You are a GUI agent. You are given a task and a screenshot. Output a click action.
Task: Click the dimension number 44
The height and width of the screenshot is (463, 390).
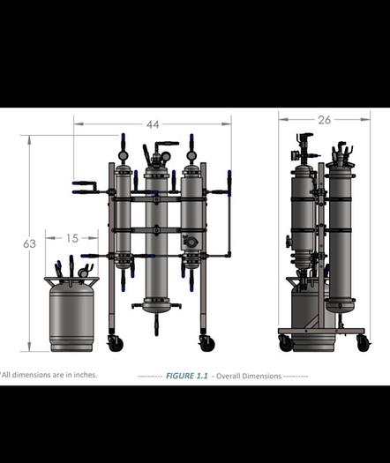[x=153, y=124]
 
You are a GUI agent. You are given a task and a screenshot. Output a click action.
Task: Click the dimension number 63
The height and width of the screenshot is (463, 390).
[x=29, y=243]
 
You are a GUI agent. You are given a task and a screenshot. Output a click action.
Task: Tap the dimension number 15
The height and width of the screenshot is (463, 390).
[x=72, y=238]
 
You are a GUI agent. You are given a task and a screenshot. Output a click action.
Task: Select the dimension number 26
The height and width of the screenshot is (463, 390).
[x=325, y=120]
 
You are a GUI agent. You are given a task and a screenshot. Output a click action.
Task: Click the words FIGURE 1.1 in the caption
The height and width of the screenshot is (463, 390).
[x=187, y=376]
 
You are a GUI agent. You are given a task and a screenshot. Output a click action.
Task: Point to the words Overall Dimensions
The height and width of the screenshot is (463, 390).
[x=249, y=376]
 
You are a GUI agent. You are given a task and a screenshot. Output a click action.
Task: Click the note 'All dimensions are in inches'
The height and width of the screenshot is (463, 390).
[x=49, y=375]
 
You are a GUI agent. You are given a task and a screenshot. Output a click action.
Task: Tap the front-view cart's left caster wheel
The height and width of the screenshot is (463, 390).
[x=116, y=343]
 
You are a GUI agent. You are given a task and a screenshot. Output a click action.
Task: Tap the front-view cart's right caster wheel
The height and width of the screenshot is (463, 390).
[x=206, y=343]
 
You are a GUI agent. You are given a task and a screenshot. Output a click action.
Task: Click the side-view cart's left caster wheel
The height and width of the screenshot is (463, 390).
[x=286, y=343]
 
